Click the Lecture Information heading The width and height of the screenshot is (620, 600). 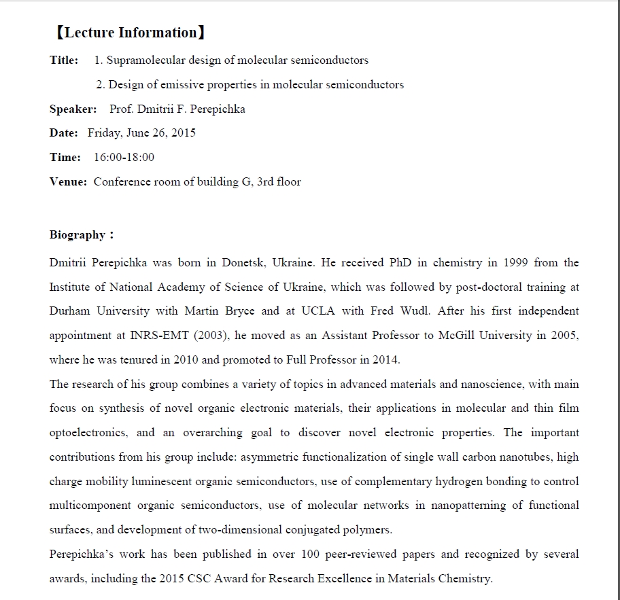tap(129, 33)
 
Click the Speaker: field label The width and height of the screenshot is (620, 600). tap(73, 109)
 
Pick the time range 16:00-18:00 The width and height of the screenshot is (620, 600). tap(124, 157)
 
